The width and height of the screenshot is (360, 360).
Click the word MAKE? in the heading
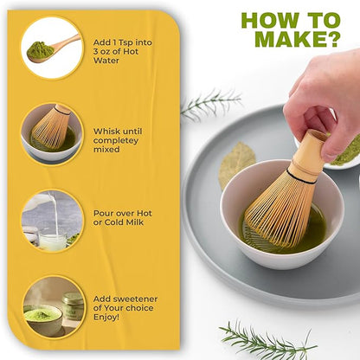[296, 38]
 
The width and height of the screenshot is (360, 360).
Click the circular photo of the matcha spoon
[52, 48]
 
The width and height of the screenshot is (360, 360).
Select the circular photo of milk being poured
[52, 221]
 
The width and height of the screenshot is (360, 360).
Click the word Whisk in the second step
[105, 132]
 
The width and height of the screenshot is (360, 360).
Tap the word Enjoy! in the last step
[106, 317]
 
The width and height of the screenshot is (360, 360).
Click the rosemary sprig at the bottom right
[267, 340]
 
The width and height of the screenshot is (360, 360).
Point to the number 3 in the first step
[96, 52]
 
